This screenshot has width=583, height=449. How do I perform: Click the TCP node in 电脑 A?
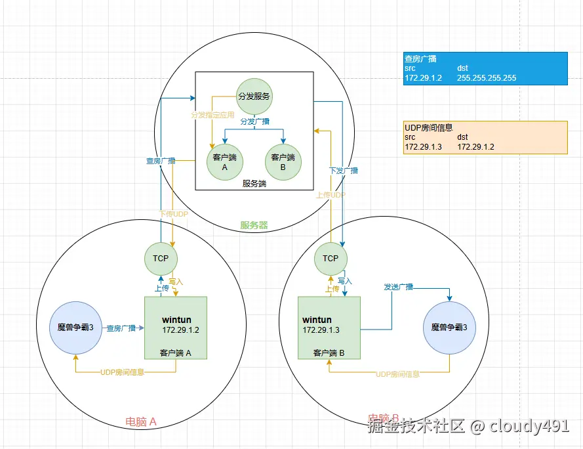161,258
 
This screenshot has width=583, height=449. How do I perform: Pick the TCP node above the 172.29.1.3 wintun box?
331,258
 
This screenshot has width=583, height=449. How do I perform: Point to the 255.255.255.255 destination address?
486,78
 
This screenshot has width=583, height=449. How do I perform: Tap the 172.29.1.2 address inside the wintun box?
180,330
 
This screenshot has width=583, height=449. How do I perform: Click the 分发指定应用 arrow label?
212,114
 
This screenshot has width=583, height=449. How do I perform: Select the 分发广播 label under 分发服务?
254,121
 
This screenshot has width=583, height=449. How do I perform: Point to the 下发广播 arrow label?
344,171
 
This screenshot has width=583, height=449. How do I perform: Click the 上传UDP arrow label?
331,195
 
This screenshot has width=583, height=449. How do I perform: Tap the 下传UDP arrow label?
174,214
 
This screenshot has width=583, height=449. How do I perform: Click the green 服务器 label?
254,225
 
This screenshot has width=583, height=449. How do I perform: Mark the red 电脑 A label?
141,421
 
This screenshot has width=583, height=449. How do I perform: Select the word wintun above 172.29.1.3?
317,320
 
